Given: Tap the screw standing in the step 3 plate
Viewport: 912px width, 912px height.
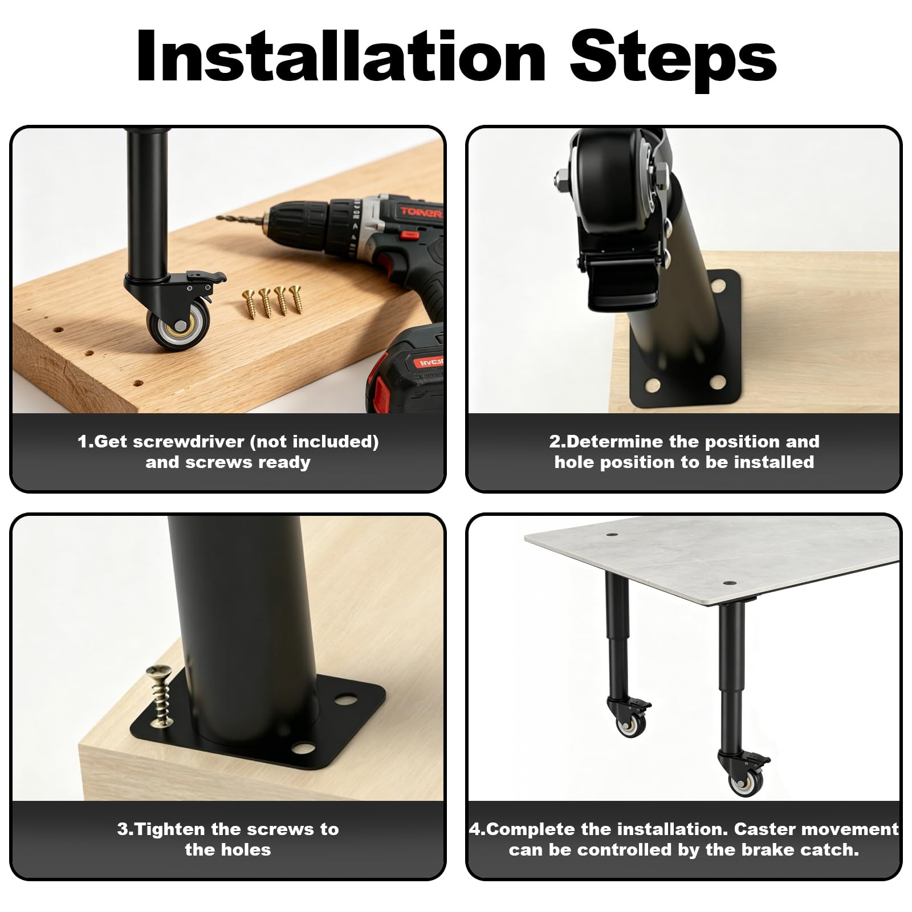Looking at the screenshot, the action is pyautogui.click(x=159, y=697).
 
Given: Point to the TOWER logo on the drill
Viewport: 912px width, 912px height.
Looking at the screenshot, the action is pyautogui.click(x=421, y=213).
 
